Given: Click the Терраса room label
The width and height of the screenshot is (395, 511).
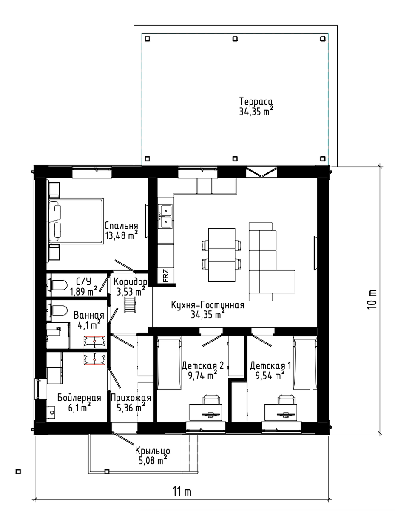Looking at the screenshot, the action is (256, 101).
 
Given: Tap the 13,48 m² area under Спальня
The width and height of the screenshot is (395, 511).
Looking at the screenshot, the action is (121, 235).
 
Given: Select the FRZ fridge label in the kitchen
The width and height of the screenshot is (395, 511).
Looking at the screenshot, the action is (166, 276).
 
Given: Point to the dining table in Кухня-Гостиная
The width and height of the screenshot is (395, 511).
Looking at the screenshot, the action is (222, 255).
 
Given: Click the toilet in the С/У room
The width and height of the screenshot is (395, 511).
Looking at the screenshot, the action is (57, 285).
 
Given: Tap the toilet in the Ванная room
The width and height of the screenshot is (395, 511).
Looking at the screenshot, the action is (57, 310).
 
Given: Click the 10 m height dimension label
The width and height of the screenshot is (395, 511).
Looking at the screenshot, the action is (373, 299).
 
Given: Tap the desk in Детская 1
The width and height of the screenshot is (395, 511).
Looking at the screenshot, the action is (281, 413).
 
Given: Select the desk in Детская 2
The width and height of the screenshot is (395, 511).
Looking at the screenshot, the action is (206, 413).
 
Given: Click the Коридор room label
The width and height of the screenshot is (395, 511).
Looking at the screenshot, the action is (131, 281).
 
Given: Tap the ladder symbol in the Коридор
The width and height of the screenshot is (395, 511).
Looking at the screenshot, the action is (130, 305).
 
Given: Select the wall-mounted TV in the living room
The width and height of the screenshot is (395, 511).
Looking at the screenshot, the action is (315, 253).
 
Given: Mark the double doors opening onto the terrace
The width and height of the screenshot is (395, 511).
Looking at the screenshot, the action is (261, 172).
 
